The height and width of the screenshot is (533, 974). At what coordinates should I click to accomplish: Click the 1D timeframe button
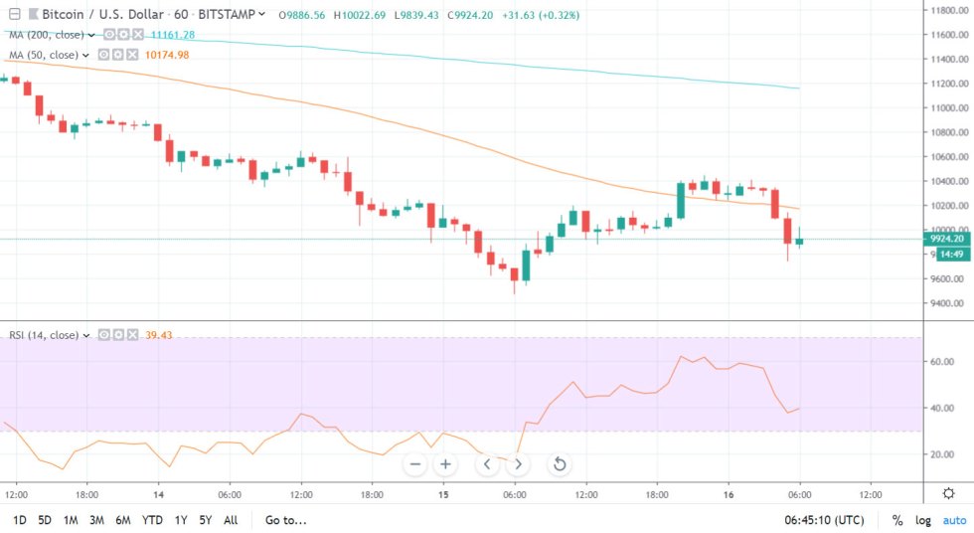[x=19, y=520]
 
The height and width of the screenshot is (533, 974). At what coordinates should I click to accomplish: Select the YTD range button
[x=152, y=520]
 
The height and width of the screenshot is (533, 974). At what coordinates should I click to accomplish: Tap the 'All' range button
[x=231, y=520]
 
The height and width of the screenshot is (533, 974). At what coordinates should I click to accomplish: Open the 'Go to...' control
[x=285, y=520]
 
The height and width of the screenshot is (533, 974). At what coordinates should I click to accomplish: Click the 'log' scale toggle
[x=924, y=520]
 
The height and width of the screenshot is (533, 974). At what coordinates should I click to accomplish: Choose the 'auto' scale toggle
[x=954, y=520]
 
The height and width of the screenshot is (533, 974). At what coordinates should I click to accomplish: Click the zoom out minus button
[x=415, y=464]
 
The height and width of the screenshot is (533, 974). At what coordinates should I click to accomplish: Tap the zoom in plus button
[x=446, y=464]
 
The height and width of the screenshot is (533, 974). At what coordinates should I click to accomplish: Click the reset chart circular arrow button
[x=560, y=464]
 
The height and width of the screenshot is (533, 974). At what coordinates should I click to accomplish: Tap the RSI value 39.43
[x=159, y=335]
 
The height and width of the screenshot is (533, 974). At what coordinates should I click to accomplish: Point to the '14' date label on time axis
[x=158, y=493]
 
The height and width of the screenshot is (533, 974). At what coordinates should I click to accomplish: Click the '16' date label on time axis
[x=729, y=493]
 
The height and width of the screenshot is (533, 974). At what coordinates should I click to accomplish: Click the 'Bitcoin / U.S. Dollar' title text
[x=86, y=15]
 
